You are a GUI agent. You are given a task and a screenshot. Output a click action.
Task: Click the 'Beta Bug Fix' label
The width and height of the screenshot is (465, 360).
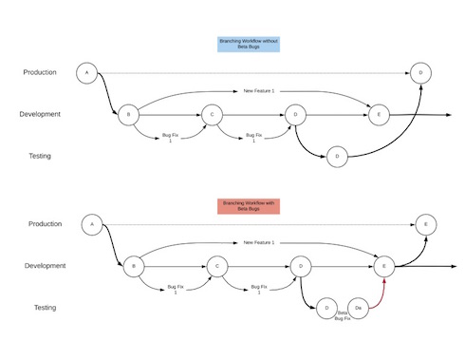342,315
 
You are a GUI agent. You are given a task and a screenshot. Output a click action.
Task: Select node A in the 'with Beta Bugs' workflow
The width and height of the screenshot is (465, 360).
92,224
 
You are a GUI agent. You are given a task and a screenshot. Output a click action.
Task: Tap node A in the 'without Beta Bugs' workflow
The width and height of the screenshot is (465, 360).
87,73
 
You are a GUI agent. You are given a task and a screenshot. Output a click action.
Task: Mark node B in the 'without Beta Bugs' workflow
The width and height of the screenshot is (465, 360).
128,115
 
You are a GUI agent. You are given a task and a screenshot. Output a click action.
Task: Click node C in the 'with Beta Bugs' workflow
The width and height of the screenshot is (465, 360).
217,266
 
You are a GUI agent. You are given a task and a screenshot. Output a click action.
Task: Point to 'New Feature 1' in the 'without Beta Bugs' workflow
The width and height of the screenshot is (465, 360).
258,91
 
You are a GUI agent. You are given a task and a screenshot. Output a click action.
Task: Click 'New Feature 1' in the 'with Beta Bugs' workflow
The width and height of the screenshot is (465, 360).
259,243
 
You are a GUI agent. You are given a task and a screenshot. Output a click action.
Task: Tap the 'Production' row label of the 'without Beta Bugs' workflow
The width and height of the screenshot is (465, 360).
40,72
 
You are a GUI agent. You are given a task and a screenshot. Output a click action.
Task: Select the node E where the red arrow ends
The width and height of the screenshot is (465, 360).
384,266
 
